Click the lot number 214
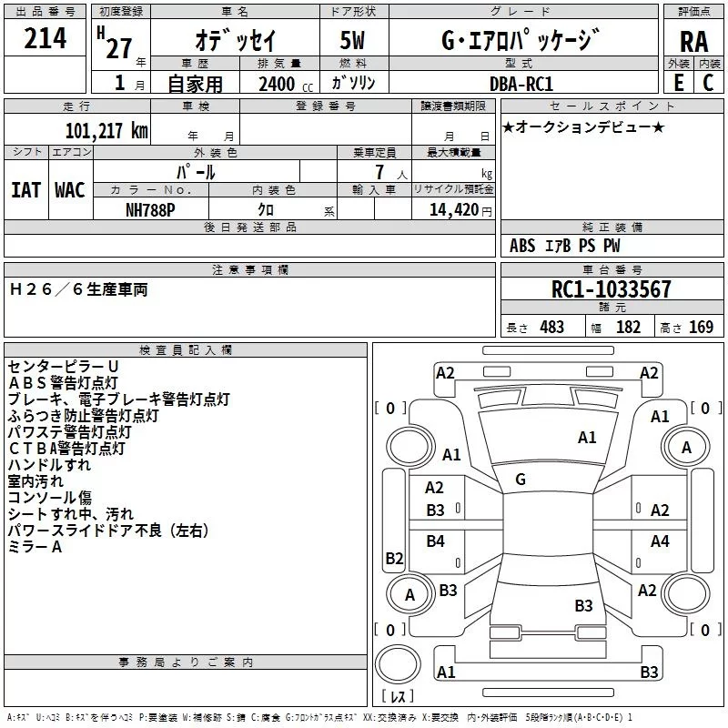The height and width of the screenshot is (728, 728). point(45,38)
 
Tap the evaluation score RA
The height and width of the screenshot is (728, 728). point(693,42)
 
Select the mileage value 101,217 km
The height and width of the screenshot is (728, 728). point(106,131)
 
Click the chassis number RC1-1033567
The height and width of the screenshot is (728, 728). point(611,289)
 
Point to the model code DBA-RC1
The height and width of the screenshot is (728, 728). point(521,84)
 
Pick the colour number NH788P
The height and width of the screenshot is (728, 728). point(150,210)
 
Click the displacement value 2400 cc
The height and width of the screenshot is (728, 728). point(286,84)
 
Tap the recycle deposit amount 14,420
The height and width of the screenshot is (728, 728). point(453,210)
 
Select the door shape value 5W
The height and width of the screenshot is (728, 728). point(352,40)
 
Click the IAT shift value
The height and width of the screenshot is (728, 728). point(25,190)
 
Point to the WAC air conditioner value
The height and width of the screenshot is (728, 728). point(70,190)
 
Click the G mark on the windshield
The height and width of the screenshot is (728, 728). point(521,480)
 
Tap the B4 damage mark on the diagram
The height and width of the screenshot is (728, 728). point(436,541)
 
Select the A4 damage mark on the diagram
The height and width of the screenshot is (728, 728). point(660,541)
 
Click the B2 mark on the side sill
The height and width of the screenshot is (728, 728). point(394,558)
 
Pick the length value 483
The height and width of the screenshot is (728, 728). point(551,328)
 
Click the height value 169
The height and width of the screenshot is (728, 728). point(701,328)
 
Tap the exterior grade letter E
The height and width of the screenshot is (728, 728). point(679,83)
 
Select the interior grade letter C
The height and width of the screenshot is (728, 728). point(708,83)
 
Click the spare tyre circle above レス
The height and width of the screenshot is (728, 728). point(398,664)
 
